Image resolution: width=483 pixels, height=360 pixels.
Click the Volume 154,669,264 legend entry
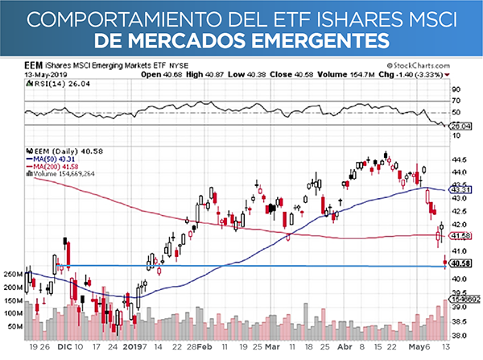coord(64,173)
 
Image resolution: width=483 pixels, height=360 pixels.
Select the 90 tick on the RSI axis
coord(456,89)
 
